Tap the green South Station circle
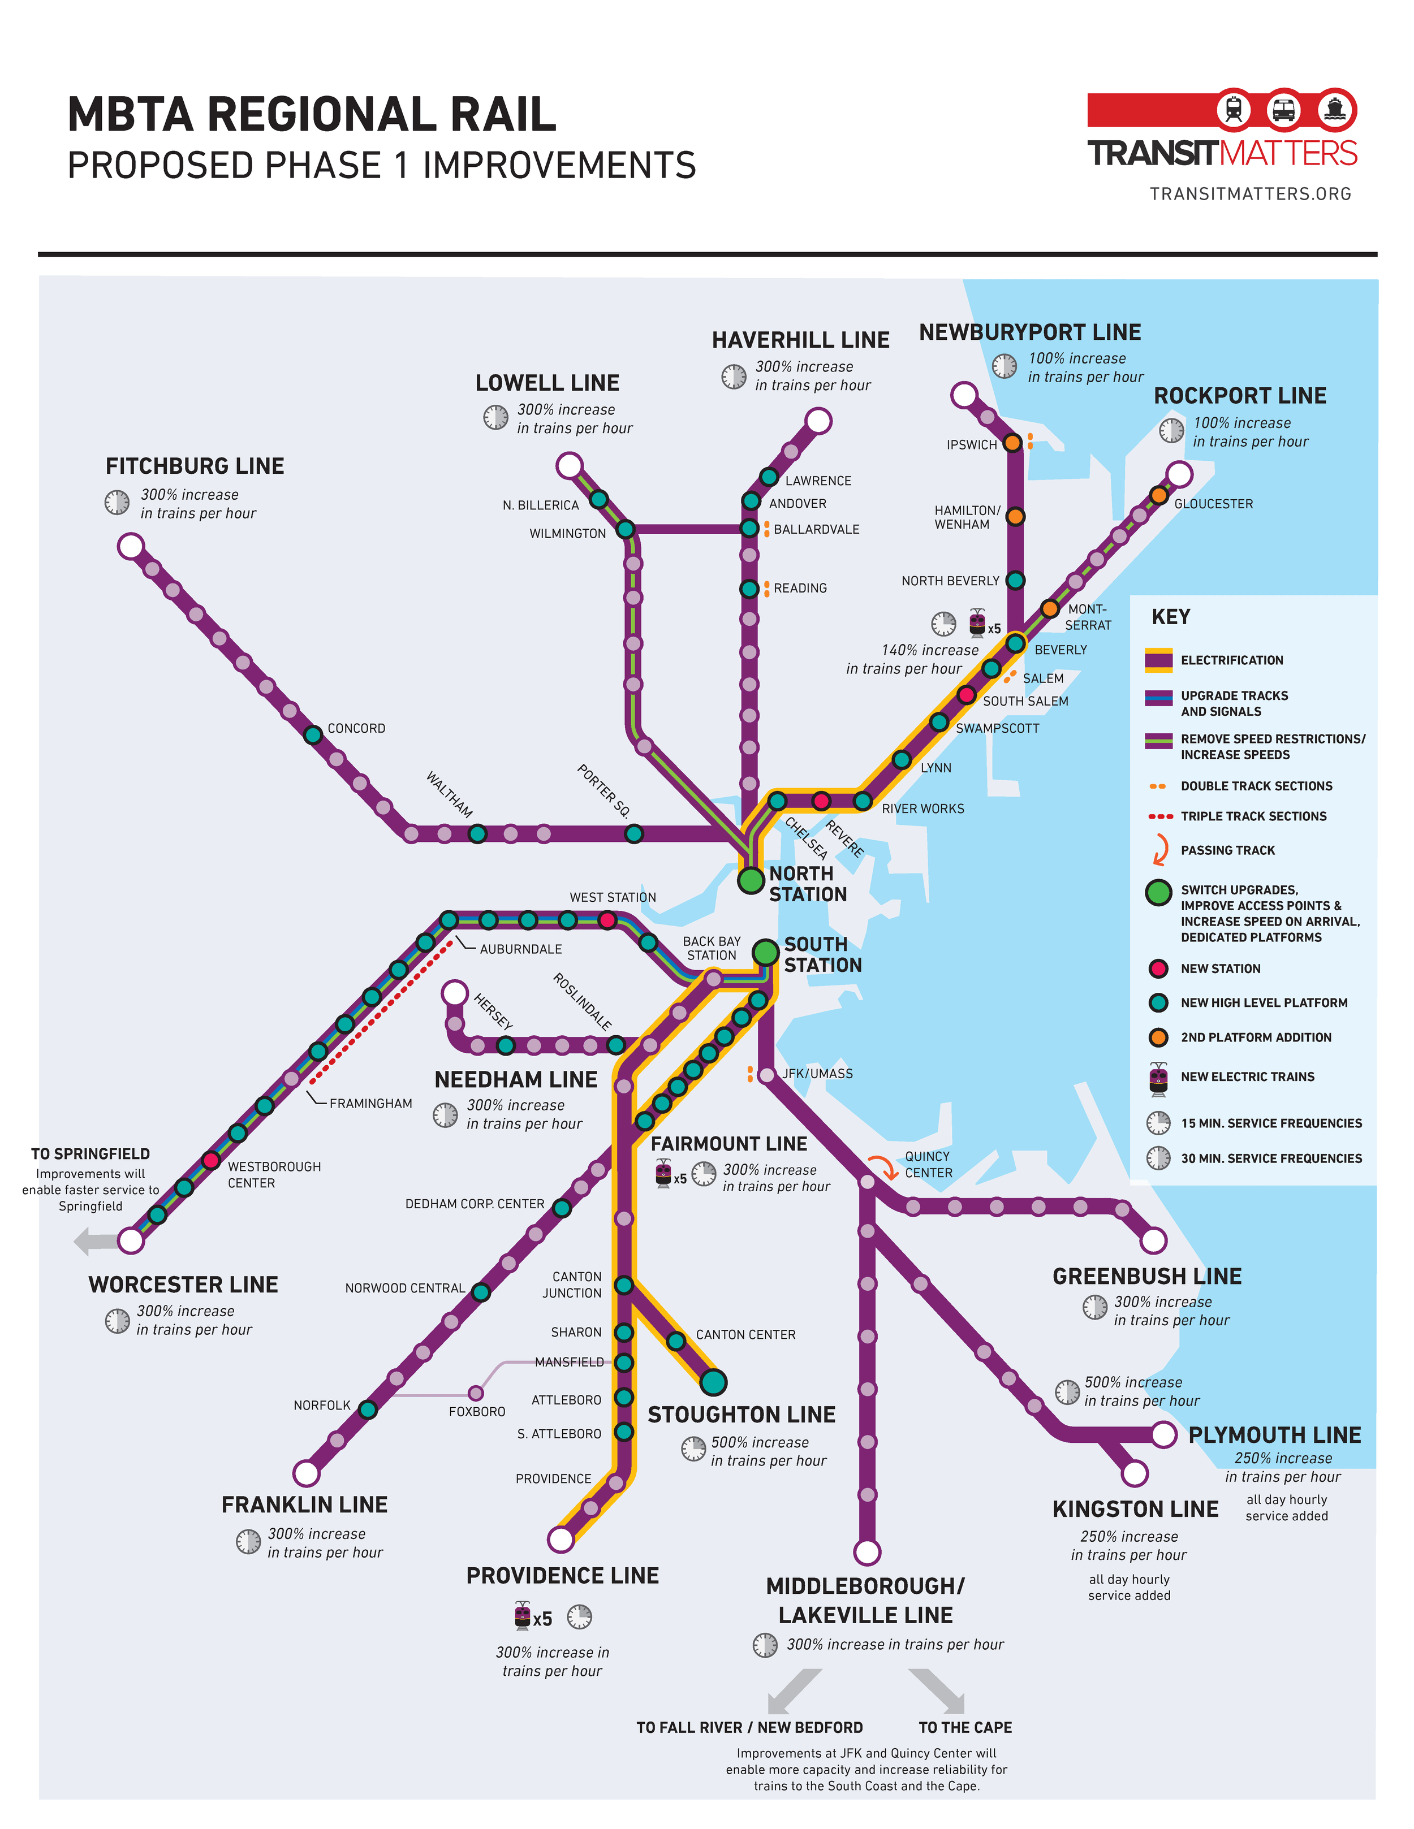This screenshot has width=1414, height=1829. (766, 952)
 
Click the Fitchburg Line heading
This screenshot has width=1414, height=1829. (195, 466)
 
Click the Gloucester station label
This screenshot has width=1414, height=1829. (1213, 504)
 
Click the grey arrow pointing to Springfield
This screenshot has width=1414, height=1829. (96, 1240)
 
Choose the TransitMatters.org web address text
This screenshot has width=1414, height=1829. (1250, 194)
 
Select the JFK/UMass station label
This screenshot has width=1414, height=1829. (817, 1074)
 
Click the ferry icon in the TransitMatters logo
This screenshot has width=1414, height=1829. (1335, 110)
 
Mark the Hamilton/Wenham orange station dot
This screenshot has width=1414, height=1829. (1015, 517)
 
